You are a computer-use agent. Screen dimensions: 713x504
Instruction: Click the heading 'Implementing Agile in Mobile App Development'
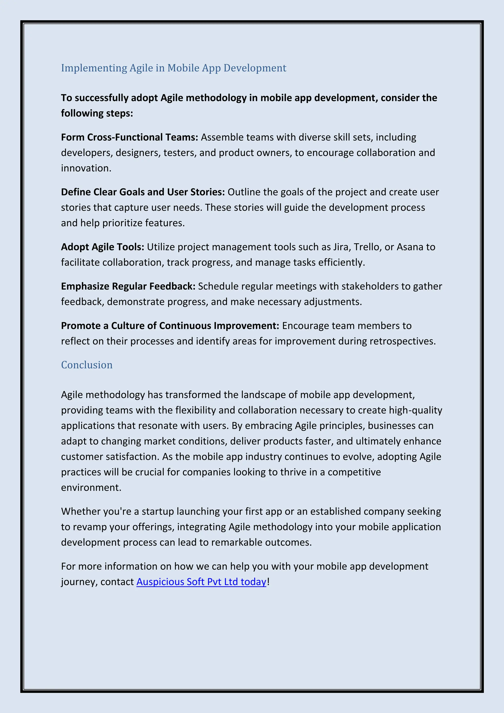173,68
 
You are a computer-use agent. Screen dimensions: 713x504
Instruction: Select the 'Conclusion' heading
87,365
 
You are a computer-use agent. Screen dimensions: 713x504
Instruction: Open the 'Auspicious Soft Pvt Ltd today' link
201,582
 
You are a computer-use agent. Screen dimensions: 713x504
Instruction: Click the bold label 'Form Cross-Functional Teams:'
129,137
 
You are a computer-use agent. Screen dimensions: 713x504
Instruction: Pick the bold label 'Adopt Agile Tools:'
102,247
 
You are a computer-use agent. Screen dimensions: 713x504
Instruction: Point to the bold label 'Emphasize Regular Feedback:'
128,286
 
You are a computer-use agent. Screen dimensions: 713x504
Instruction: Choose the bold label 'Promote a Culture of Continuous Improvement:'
170,326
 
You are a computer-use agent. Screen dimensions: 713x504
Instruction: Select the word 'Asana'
411,247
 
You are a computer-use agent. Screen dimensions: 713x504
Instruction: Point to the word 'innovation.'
86,168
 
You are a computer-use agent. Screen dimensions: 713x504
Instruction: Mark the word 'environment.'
91,487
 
